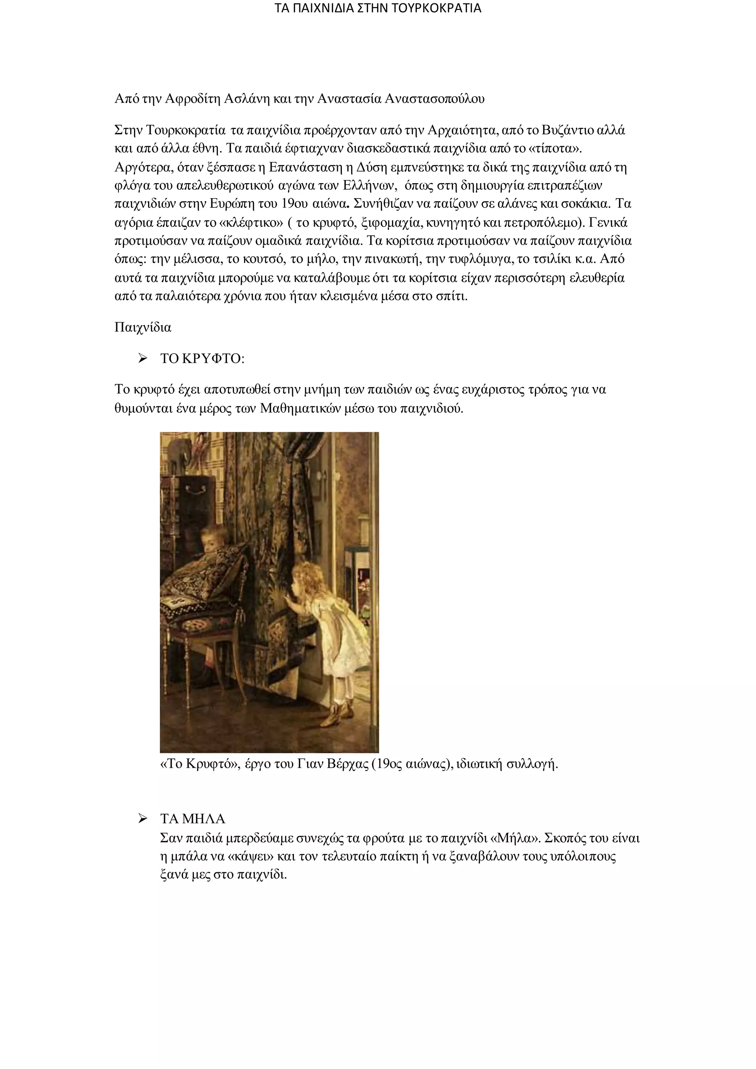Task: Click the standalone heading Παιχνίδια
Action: pos(143,327)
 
